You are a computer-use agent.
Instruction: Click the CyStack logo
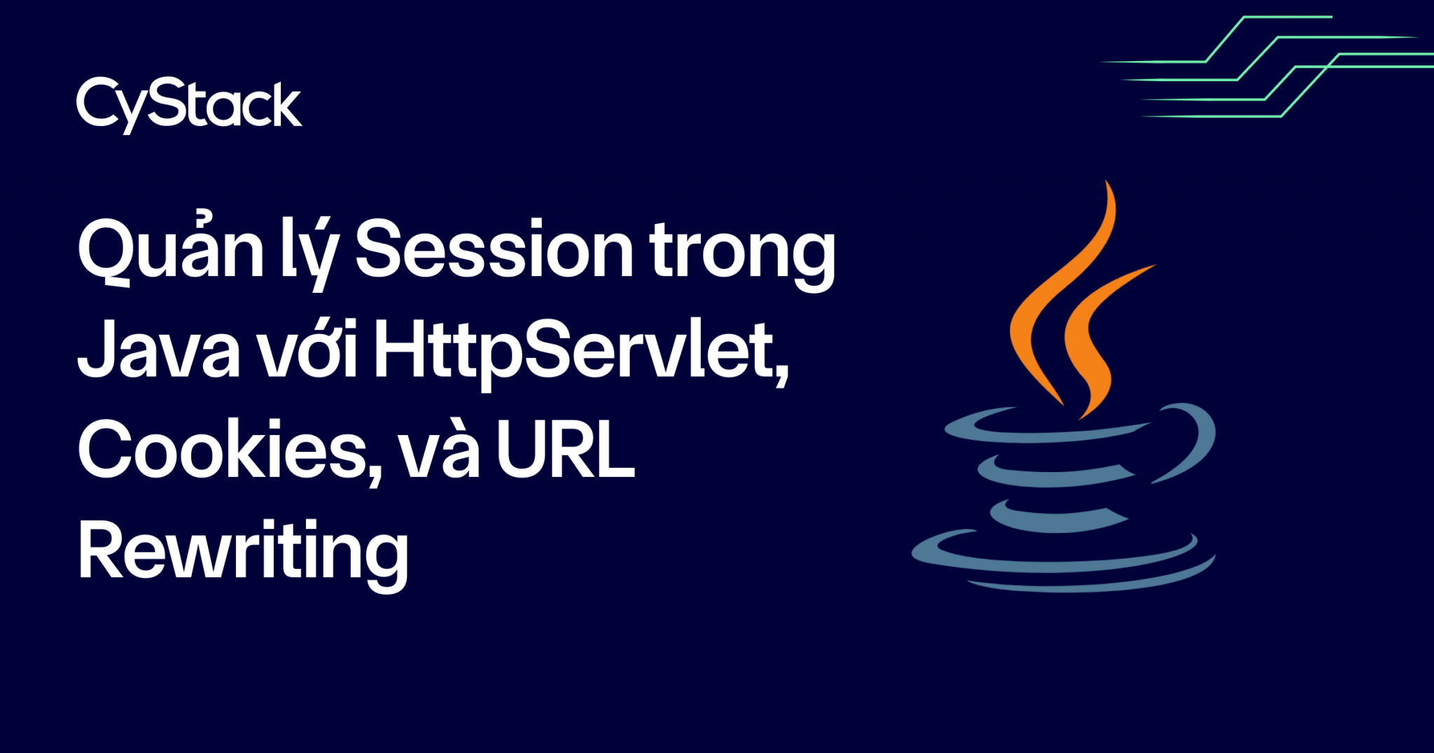tap(189, 105)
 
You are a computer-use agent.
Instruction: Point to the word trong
tap(742, 252)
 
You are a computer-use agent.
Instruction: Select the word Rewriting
tap(242, 553)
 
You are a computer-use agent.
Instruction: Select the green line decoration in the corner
tap(1267, 67)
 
